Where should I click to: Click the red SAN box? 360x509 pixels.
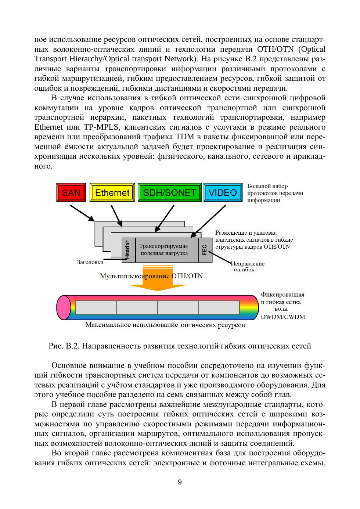(71, 192)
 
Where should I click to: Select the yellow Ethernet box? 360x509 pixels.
(112, 192)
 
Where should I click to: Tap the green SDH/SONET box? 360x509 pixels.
(169, 192)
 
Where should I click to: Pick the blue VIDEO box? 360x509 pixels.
(223, 192)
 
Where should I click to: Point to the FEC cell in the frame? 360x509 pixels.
(205, 250)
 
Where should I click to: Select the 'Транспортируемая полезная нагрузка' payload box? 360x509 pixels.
(163, 250)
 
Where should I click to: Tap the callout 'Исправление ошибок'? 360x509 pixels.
(247, 267)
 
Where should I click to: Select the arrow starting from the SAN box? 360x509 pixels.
(82, 213)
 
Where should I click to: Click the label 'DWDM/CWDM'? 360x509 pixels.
(282, 317)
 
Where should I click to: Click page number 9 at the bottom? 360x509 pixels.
(180, 482)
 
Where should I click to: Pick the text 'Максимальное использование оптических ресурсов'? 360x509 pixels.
(165, 325)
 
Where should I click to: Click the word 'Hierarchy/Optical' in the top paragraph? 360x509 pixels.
(92, 59)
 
